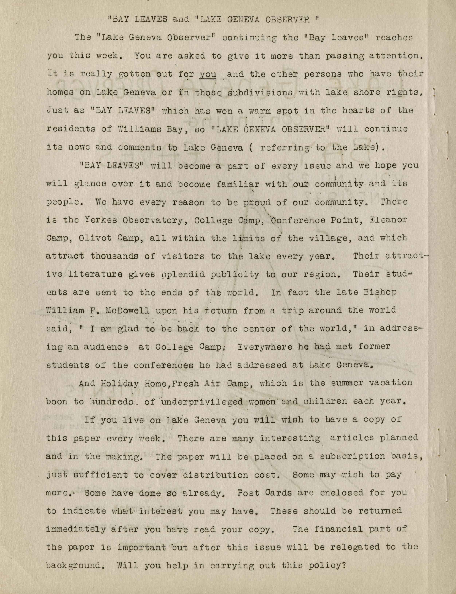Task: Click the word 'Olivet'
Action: [x=95, y=238]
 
